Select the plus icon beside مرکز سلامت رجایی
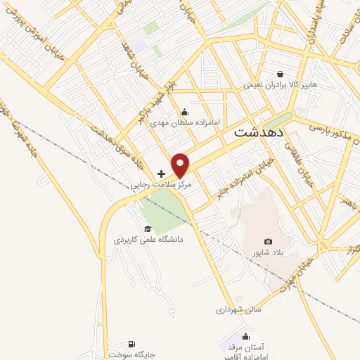point(162,173)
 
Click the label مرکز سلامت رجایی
point(162,186)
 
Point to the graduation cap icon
point(147,228)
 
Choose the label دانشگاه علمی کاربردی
point(148,239)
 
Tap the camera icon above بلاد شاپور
point(267,242)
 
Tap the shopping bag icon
point(281,74)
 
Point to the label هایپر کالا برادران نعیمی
point(281,85)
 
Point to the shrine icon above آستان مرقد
point(245,335)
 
